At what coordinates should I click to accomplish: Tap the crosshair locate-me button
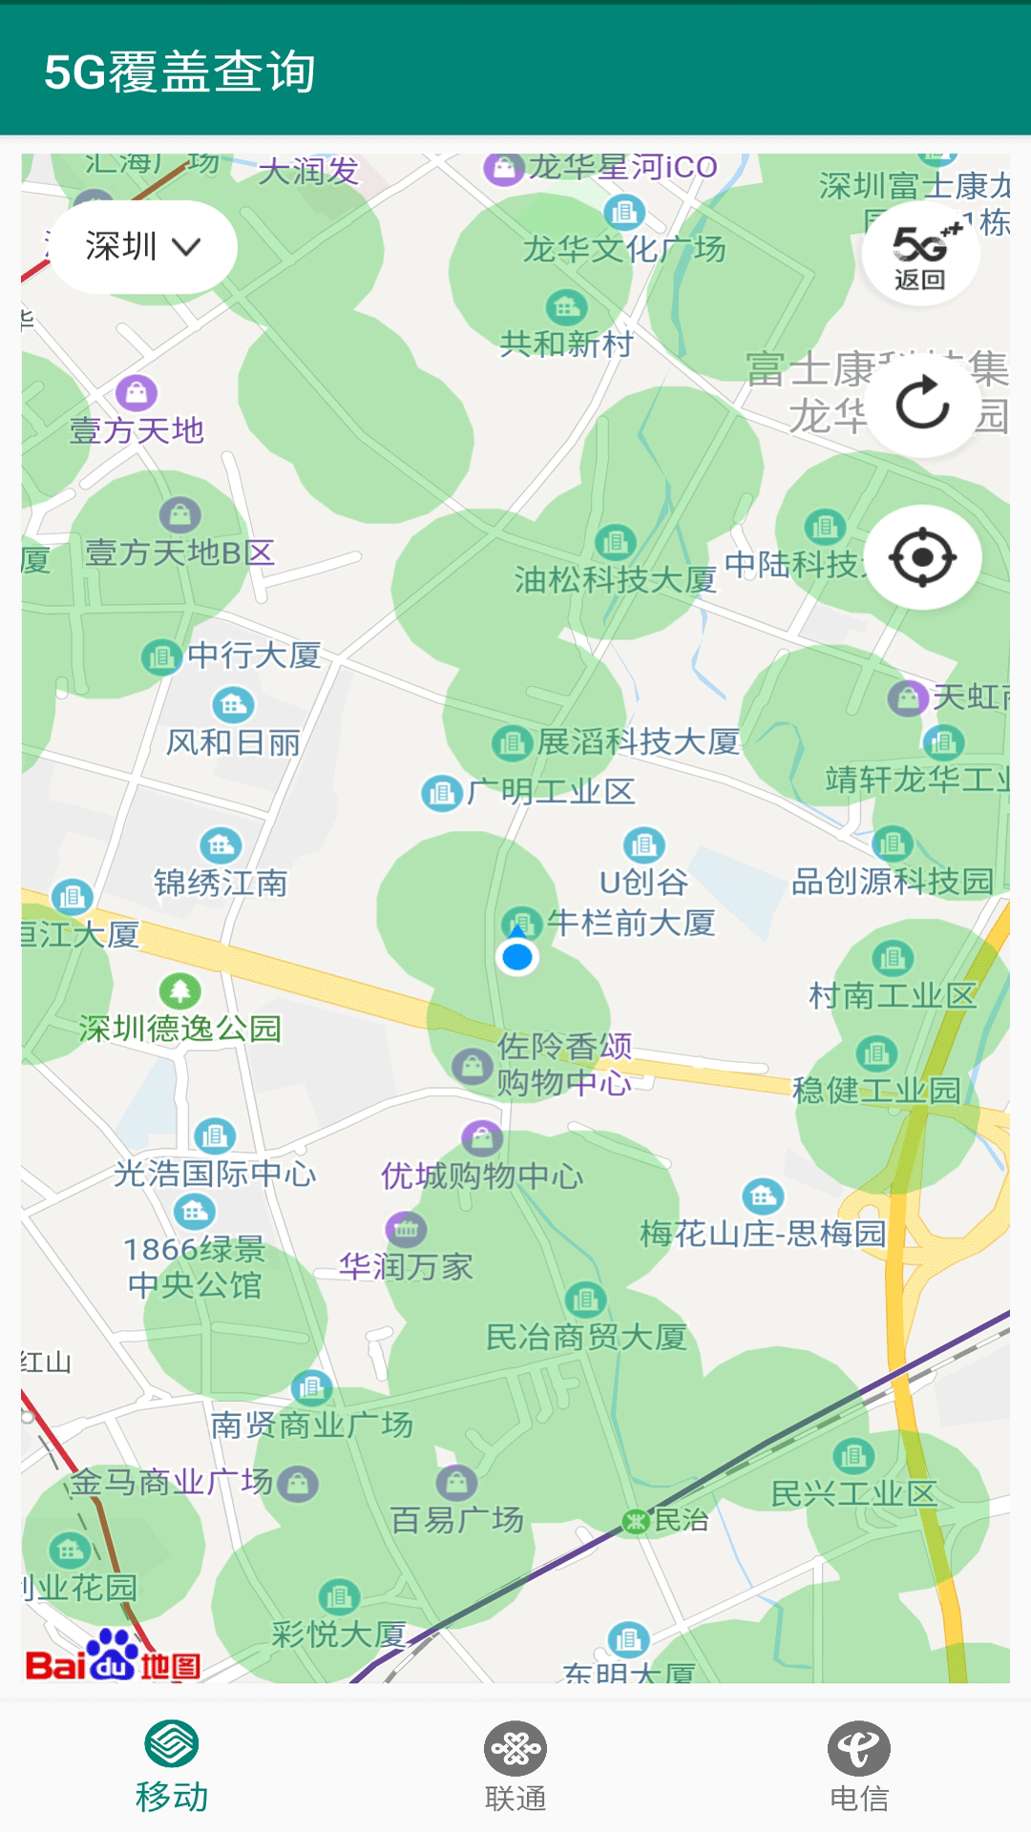922,557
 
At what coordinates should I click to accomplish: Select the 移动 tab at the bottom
172,1767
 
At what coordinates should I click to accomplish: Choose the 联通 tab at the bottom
515,1767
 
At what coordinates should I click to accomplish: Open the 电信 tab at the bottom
859,1767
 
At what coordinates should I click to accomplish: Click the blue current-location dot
517,956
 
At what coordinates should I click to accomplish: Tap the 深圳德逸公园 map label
180,1028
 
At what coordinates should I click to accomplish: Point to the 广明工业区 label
551,791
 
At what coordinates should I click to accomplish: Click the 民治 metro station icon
636,1521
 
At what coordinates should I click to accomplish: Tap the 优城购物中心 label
482,1176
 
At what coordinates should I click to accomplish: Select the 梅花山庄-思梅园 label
763,1233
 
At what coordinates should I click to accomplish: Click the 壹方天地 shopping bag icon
137,392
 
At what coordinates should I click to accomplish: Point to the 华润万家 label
407,1266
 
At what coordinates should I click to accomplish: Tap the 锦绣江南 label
221,883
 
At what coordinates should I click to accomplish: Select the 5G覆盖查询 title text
179,72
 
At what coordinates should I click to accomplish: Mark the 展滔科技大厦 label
638,741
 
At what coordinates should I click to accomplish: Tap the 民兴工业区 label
854,1493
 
